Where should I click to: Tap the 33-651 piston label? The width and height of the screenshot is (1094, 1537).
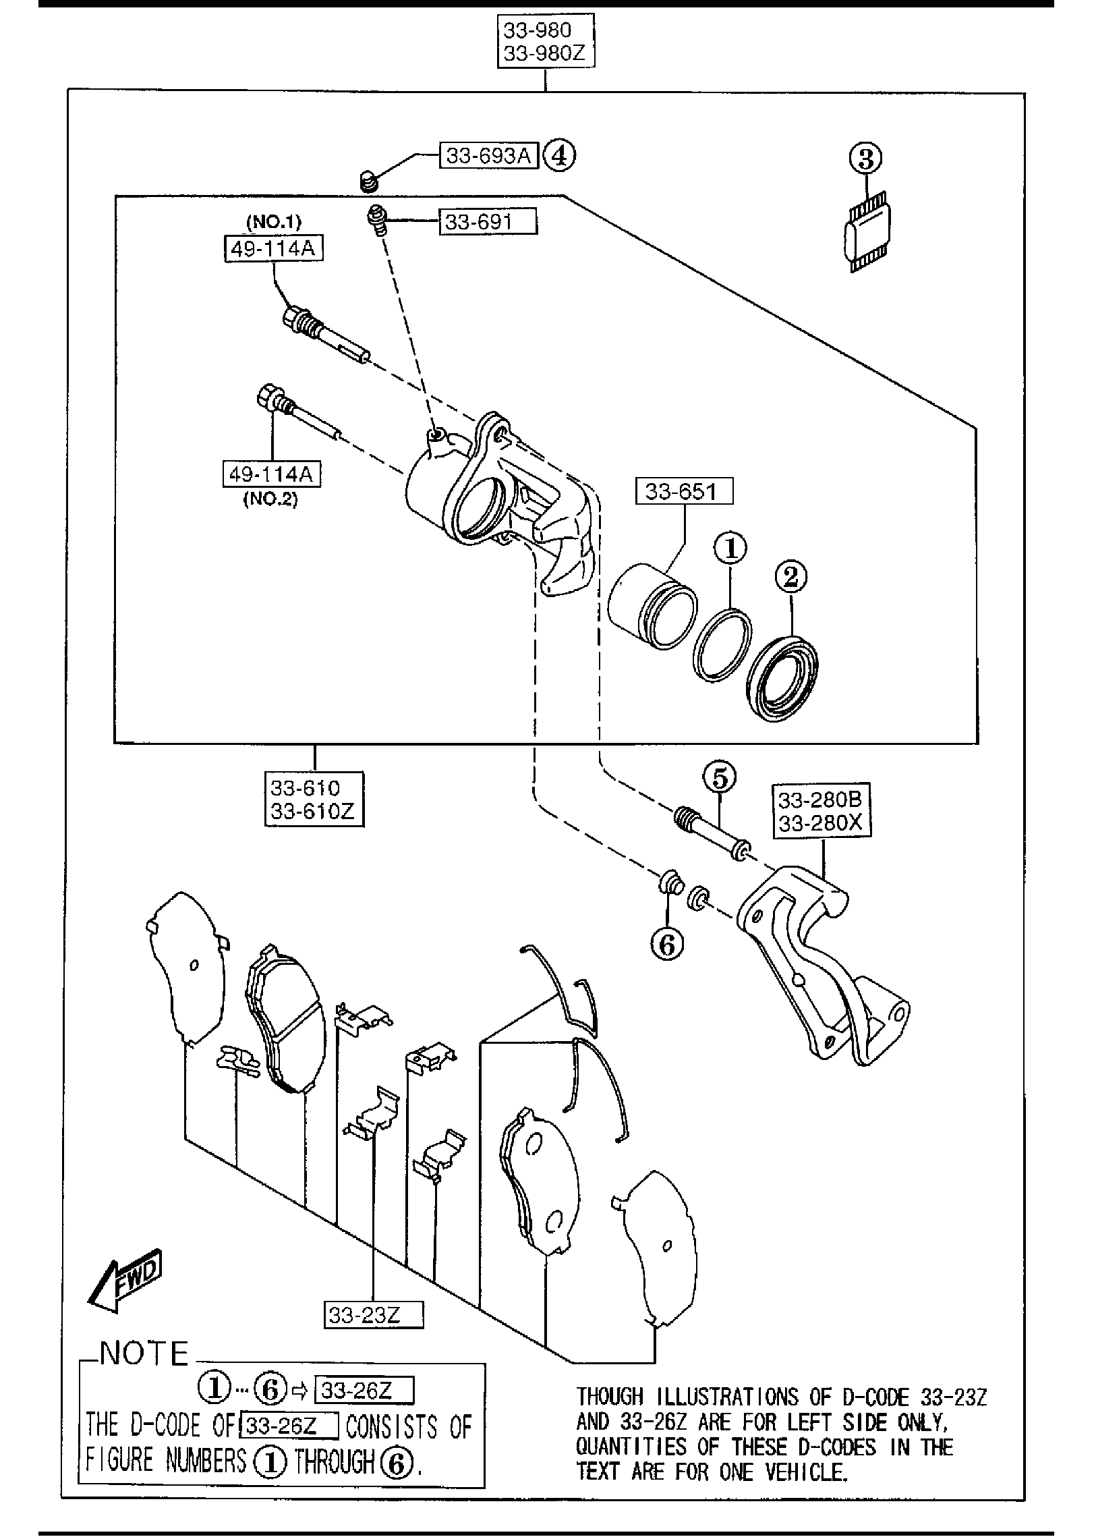click(x=683, y=491)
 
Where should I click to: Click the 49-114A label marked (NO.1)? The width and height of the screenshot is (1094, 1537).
click(x=273, y=249)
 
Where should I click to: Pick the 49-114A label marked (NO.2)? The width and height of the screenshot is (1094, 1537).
click(x=272, y=474)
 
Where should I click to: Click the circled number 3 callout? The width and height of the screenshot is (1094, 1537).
click(x=866, y=159)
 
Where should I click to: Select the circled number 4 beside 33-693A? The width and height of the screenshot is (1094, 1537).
click(x=559, y=157)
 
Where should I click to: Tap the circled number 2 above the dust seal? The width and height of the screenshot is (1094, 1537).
click(x=790, y=576)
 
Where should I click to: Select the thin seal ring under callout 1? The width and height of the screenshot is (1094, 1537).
click(x=722, y=645)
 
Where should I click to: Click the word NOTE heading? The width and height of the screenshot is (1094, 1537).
click(x=144, y=1353)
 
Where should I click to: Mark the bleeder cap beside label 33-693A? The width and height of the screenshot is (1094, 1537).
click(x=367, y=181)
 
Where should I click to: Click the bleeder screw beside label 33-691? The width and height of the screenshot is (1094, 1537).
click(x=378, y=220)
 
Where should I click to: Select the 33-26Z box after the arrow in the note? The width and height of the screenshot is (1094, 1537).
click(x=364, y=1391)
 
